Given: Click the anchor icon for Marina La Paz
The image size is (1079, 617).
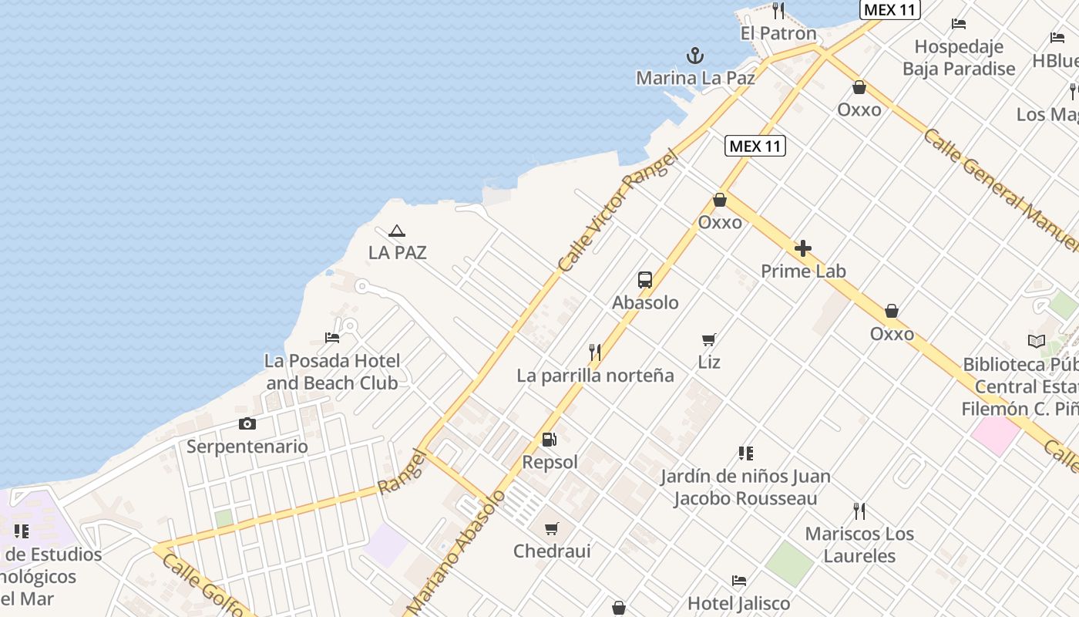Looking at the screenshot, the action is click(695, 56).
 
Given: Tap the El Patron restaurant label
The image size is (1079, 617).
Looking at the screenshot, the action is click(778, 33).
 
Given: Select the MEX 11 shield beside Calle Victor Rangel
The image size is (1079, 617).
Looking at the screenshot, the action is click(755, 146).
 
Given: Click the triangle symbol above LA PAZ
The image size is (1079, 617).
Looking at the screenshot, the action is click(397, 231).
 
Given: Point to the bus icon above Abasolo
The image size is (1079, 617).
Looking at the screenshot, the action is click(645, 280).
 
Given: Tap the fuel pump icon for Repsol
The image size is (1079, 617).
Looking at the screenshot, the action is click(550, 440).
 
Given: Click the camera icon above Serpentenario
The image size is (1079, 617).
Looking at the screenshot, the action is click(247, 423).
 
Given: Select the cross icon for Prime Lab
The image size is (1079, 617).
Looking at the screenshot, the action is click(803, 248).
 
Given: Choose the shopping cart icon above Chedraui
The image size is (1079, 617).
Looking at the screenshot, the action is click(552, 529).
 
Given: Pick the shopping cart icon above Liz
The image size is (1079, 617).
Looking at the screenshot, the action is click(709, 339).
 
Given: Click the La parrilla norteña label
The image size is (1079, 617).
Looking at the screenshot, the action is click(595, 376).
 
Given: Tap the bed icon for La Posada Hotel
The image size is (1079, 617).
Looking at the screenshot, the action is click(332, 338).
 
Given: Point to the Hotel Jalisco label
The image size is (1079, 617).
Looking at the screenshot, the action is click(738, 603).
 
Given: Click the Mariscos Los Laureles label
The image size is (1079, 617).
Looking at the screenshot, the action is click(859, 545).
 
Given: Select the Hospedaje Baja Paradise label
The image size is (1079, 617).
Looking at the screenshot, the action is click(959, 58).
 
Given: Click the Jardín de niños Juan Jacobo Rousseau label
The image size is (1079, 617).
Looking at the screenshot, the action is click(745, 487).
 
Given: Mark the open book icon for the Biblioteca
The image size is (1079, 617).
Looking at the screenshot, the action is click(1037, 341).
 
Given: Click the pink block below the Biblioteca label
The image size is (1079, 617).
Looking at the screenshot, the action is click(995, 435).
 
